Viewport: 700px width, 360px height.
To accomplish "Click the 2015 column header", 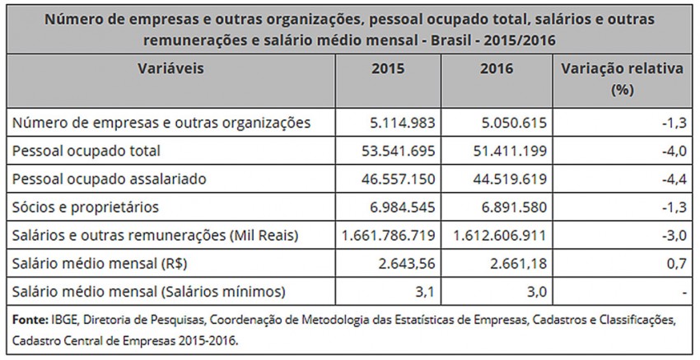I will pos(388,69).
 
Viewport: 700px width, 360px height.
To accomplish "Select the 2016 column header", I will pos(496,69).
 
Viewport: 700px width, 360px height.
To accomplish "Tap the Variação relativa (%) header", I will pos(623,78).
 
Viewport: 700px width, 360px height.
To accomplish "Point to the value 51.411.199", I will pos(504,151).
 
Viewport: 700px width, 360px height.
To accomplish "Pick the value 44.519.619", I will pos(504,179).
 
